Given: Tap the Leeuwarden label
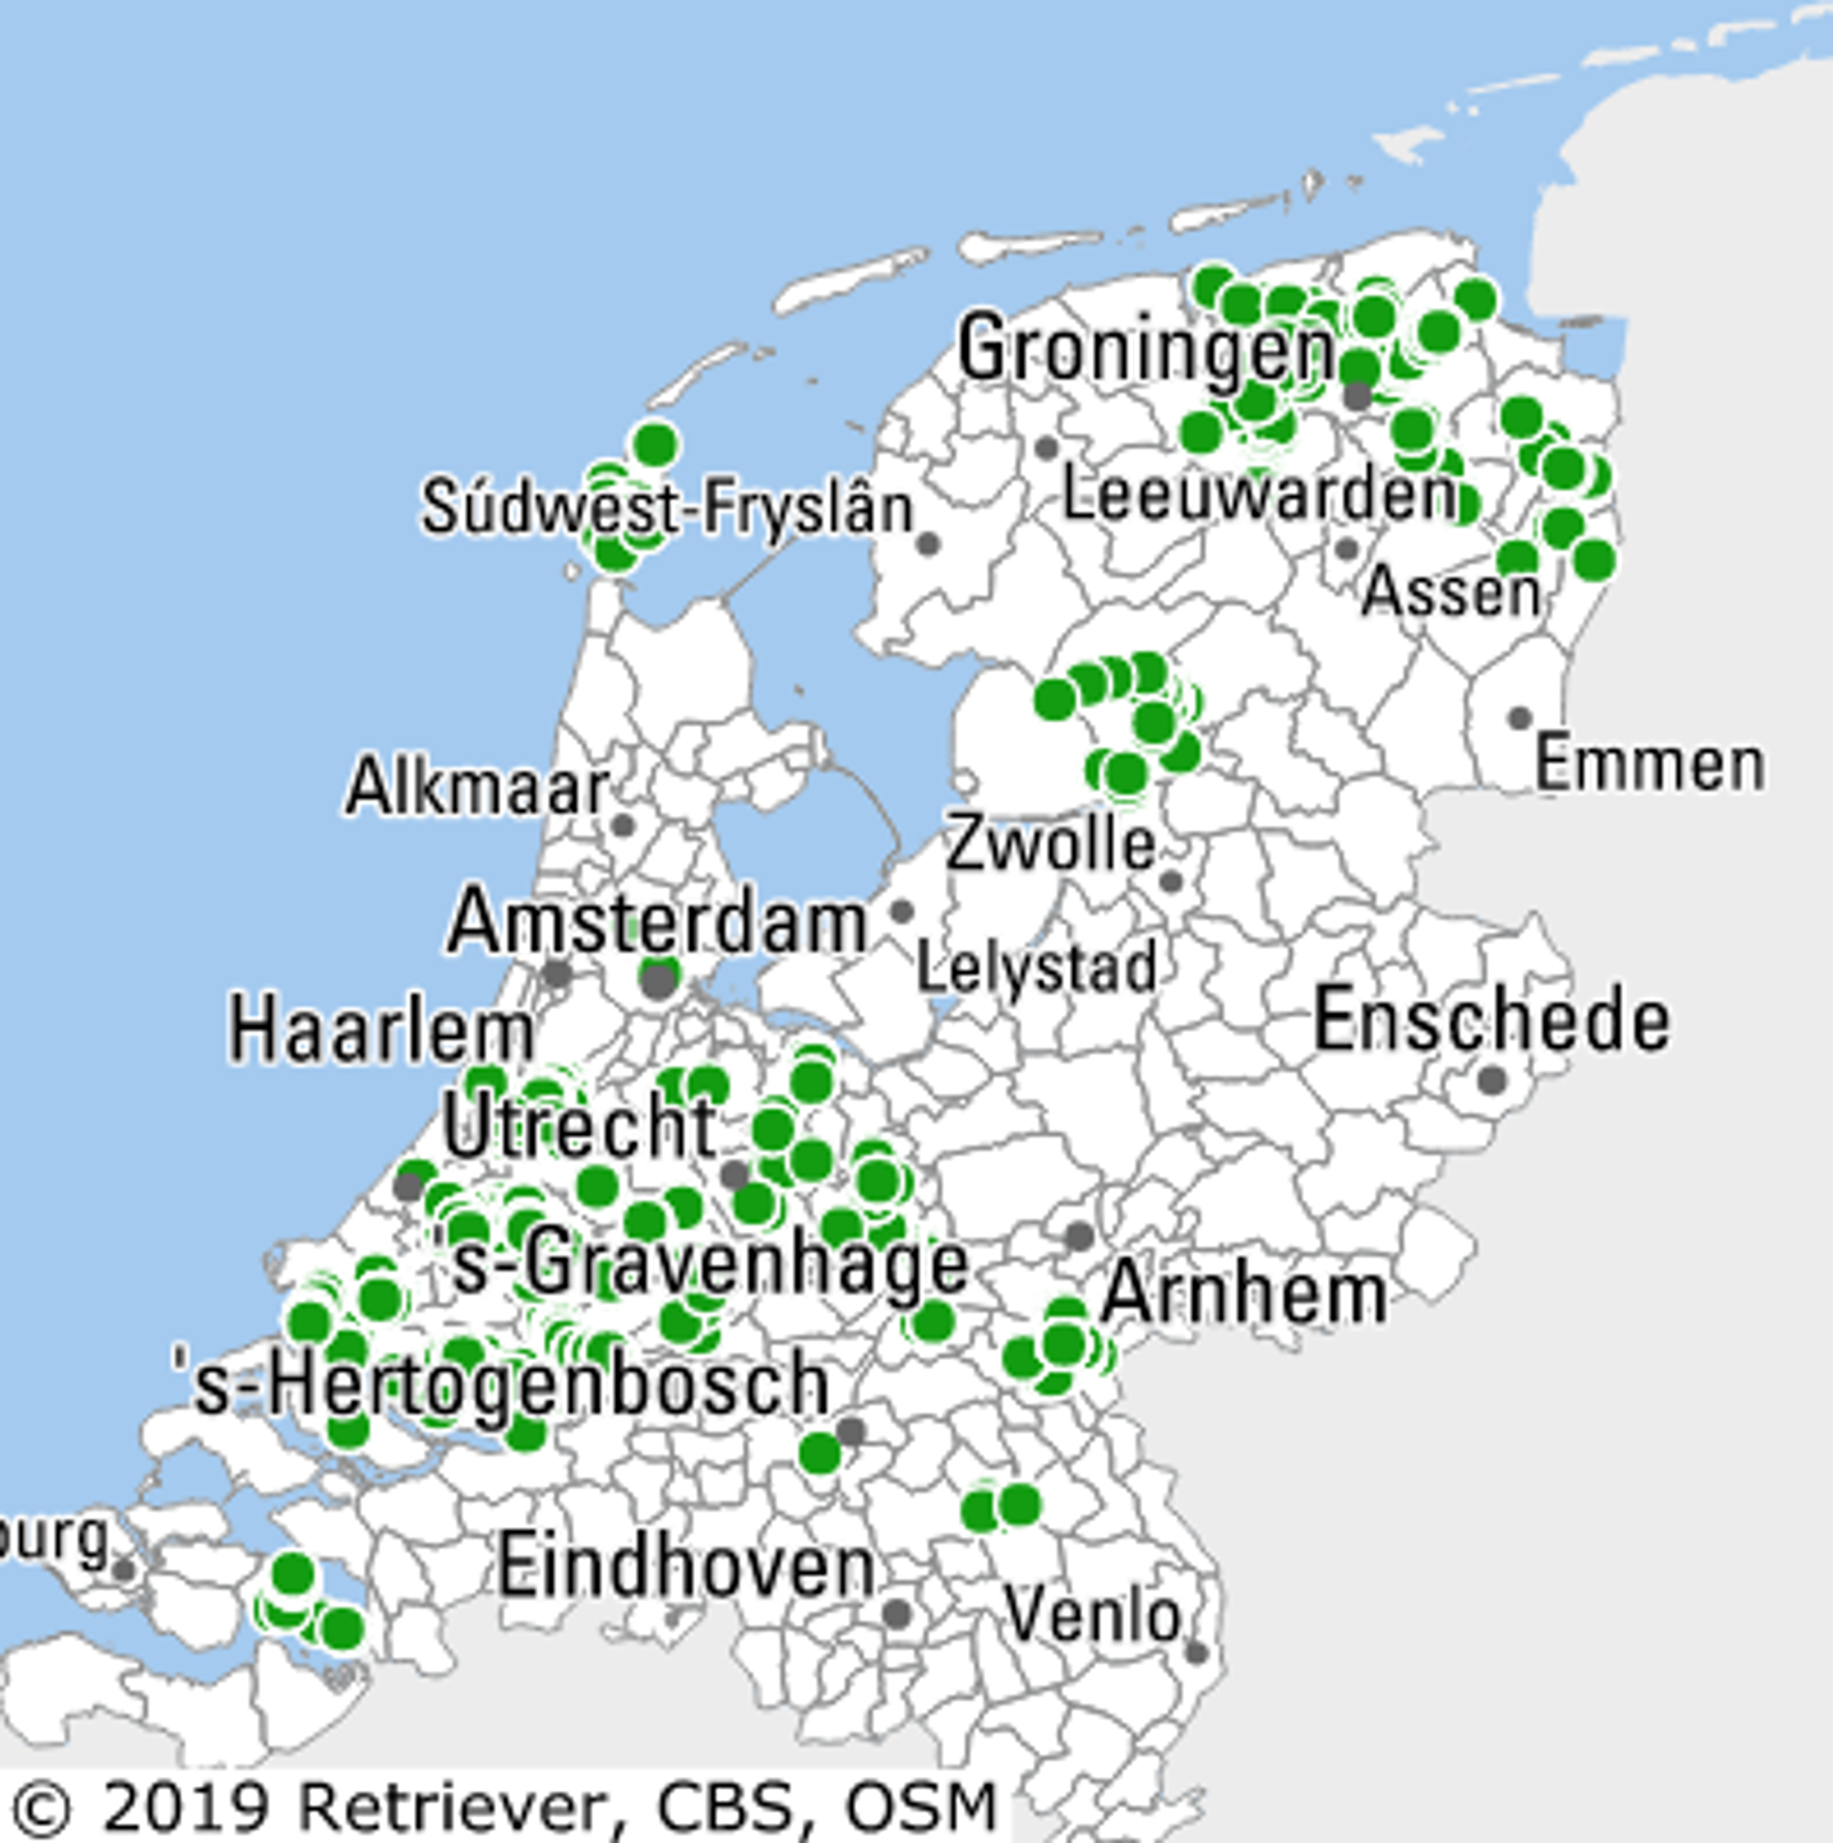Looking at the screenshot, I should pos(1259,496).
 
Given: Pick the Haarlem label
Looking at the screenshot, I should pos(381,1032).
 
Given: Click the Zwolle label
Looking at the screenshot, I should pos(1050,844).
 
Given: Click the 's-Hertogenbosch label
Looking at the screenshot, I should pos(501,1385).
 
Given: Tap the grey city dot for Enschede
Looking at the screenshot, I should pos(1493,1081).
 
